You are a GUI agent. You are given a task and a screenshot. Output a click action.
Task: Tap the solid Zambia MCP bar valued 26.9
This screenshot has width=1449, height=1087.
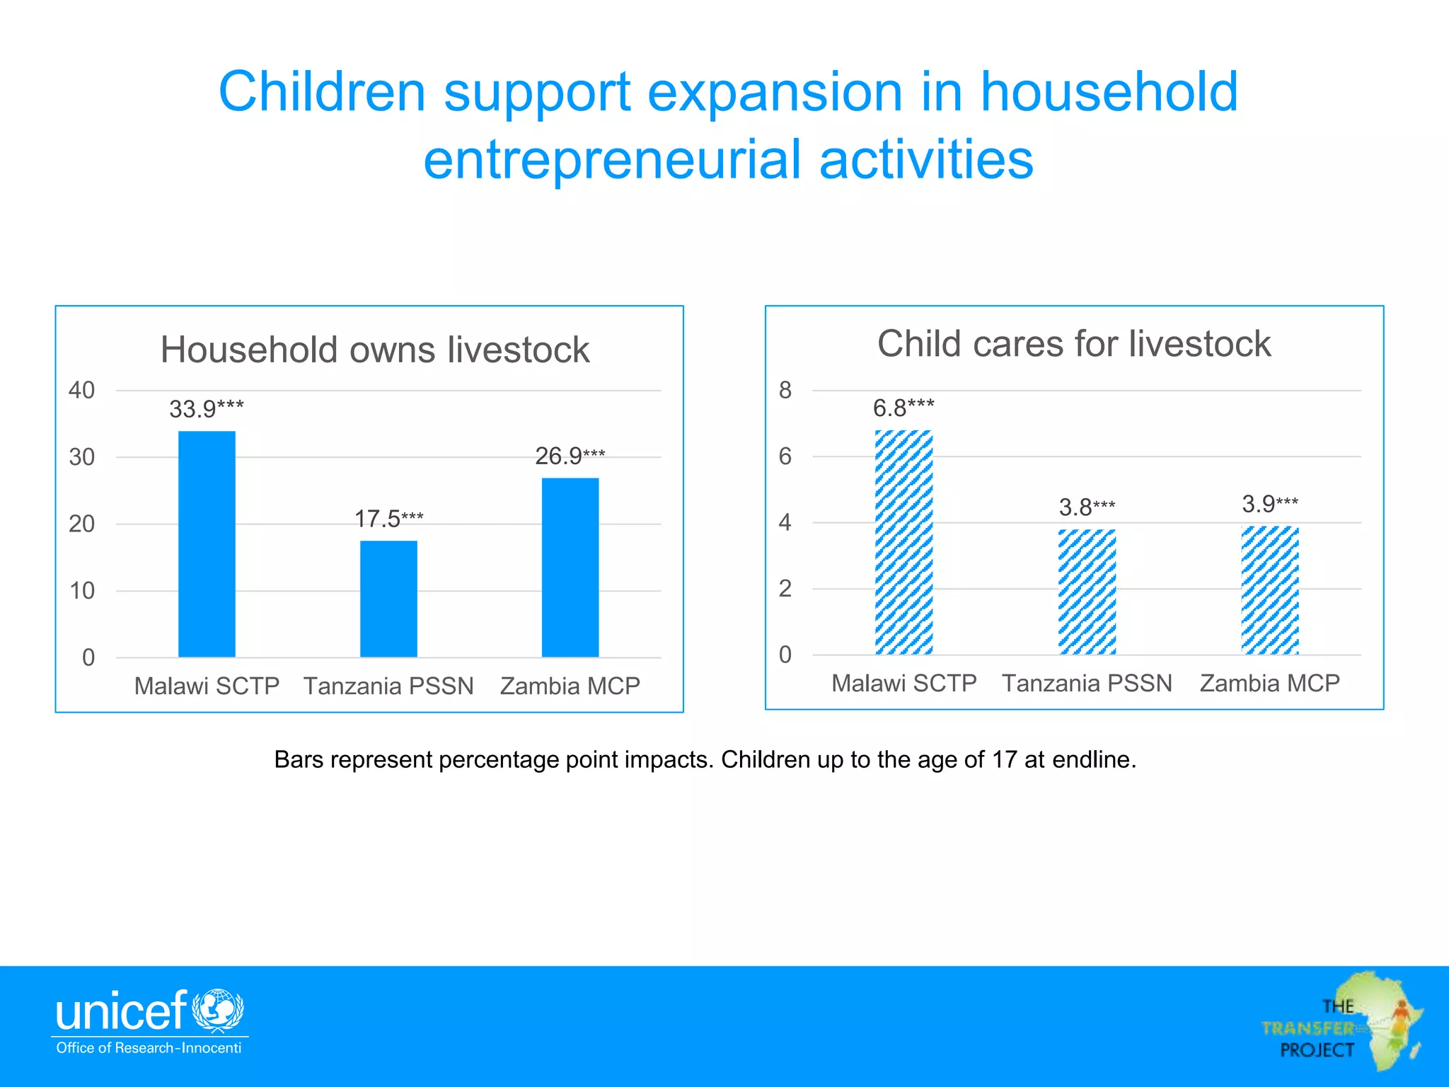570,568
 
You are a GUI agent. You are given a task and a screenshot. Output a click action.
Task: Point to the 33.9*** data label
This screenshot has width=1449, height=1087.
206,409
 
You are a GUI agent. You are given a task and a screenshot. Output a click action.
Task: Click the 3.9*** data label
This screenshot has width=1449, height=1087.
1269,504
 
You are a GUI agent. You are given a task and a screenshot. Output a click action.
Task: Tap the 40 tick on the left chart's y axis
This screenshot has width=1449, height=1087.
81,390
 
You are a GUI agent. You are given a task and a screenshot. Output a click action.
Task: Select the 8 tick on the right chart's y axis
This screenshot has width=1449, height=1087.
785,390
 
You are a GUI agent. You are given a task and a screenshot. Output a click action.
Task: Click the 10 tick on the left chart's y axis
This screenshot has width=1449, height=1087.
81,591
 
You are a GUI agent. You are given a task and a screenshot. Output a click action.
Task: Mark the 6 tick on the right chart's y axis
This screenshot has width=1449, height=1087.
785,456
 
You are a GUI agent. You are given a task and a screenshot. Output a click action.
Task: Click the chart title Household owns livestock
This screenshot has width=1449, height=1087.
375,350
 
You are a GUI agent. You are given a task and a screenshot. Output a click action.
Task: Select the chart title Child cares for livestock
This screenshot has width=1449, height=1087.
1074,344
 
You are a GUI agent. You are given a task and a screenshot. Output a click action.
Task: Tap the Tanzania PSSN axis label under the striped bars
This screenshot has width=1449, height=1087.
1087,683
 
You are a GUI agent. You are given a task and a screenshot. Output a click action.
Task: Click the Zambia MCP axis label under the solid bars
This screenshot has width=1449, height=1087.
570,686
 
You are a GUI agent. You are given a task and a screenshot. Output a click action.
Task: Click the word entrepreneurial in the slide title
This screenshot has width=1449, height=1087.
612,160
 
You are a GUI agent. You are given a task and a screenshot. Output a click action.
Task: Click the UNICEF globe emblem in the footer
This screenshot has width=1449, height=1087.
219,1010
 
